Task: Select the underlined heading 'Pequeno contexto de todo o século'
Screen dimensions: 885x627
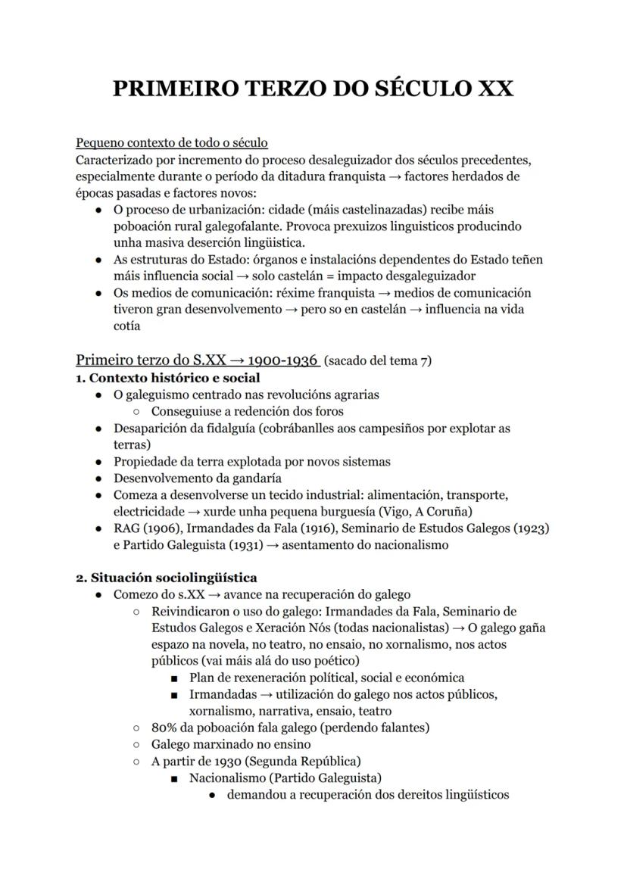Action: click(x=171, y=142)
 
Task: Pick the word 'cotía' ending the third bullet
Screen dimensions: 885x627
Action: click(x=126, y=326)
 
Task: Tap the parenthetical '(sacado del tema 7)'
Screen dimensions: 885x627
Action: click(x=377, y=360)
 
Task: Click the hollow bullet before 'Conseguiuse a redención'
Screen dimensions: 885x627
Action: click(x=136, y=412)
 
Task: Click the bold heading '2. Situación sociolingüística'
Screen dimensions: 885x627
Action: click(x=166, y=578)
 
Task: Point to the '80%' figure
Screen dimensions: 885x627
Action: click(x=164, y=728)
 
